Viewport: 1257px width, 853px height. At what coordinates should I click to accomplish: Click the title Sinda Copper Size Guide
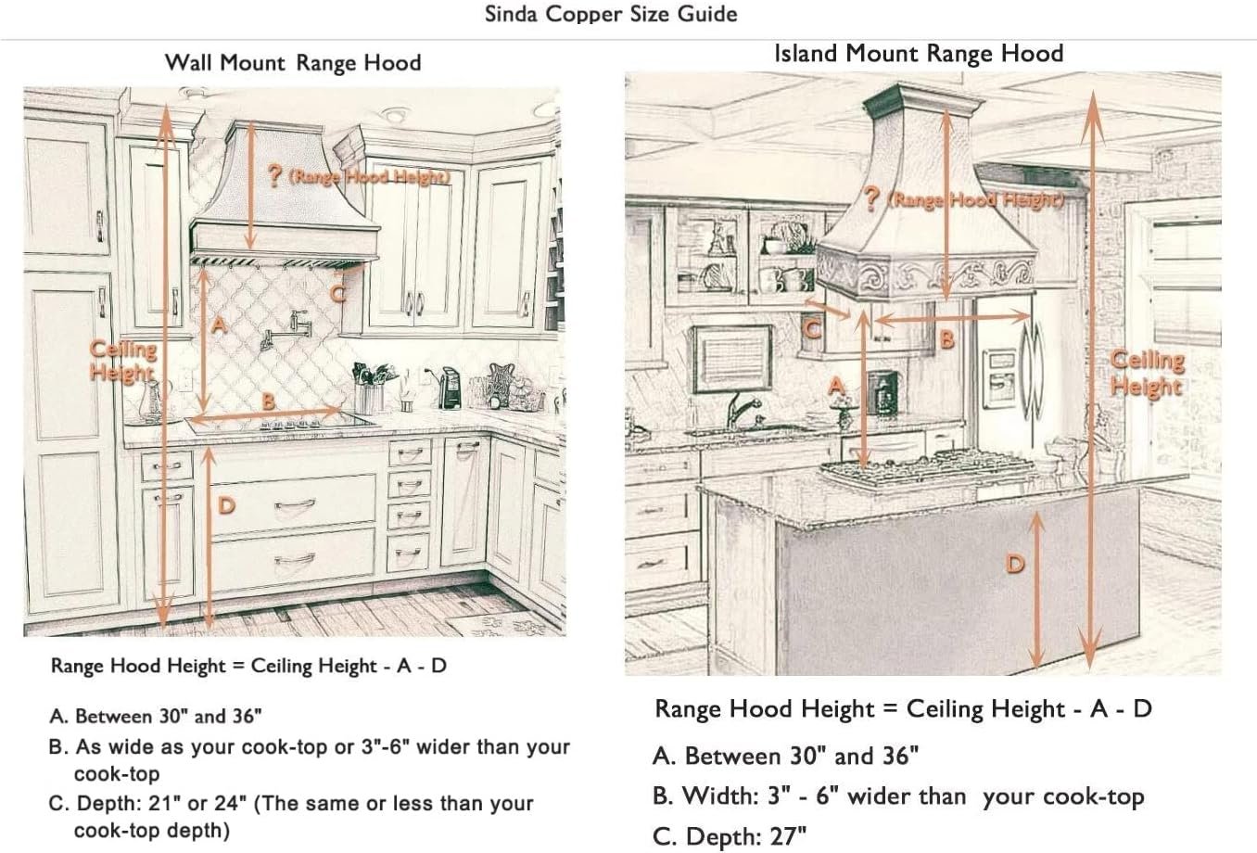click(611, 15)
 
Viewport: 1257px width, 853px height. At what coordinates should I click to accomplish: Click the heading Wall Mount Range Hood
click(293, 63)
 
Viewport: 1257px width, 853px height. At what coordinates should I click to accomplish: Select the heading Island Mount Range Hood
click(918, 54)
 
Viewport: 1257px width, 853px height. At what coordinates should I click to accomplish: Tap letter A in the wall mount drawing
click(219, 325)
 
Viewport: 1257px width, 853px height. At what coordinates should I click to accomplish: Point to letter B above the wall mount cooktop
click(268, 401)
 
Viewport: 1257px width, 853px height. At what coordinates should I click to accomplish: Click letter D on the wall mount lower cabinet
click(226, 505)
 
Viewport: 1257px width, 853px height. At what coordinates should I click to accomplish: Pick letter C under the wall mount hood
click(338, 293)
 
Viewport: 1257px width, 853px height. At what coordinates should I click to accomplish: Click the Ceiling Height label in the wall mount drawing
click(122, 361)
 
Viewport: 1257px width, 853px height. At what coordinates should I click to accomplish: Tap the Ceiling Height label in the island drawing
click(1148, 372)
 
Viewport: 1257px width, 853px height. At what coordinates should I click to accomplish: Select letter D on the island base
click(1016, 563)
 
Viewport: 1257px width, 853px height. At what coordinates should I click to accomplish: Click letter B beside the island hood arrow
click(946, 339)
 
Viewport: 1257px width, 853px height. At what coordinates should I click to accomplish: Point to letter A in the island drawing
click(837, 386)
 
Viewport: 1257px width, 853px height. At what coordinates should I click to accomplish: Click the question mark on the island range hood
click(871, 199)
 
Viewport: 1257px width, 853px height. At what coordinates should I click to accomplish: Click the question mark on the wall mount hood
click(275, 176)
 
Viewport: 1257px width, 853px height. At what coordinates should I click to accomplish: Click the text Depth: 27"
click(730, 836)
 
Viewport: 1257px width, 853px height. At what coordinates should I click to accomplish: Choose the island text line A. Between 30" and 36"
click(785, 756)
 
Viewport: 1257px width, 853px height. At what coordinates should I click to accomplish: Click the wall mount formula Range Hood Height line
click(248, 666)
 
